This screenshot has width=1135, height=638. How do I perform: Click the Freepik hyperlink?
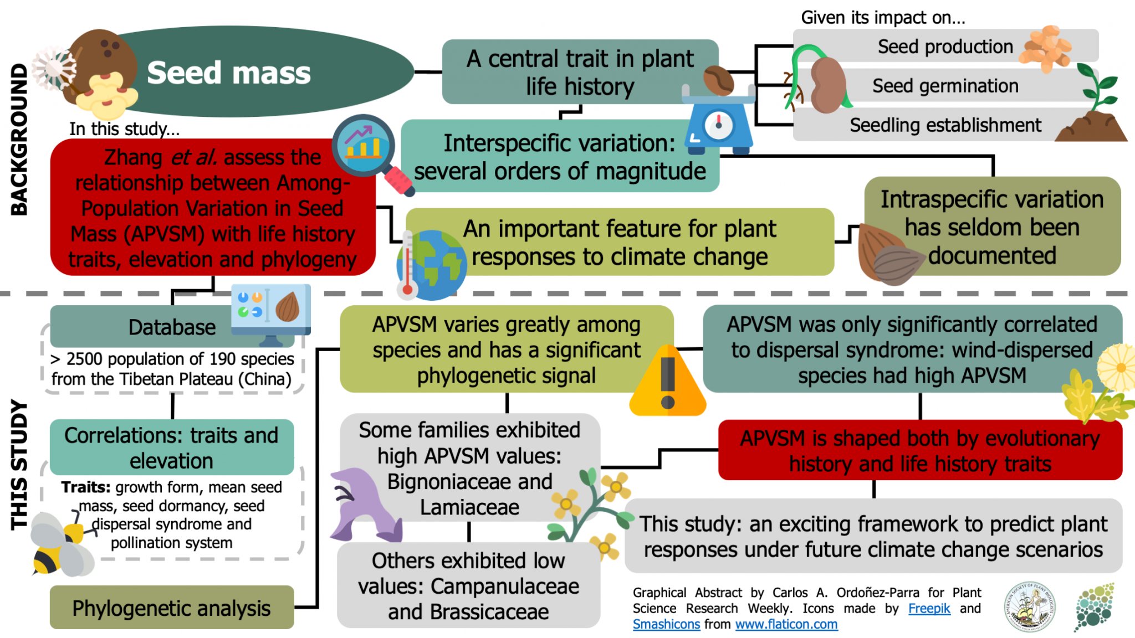(929, 608)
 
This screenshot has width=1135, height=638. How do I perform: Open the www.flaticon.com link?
(786, 624)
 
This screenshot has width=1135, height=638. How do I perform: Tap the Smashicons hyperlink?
(666, 624)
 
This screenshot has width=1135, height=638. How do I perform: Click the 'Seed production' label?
(945, 47)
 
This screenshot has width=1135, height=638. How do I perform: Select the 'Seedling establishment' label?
(945, 125)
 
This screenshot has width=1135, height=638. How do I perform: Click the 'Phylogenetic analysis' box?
(171, 608)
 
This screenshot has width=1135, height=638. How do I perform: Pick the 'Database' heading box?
(171, 327)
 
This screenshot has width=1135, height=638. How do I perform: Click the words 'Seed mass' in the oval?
(228, 73)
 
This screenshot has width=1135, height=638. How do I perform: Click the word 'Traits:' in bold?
(86, 487)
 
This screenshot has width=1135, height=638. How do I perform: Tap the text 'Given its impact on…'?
(883, 18)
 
